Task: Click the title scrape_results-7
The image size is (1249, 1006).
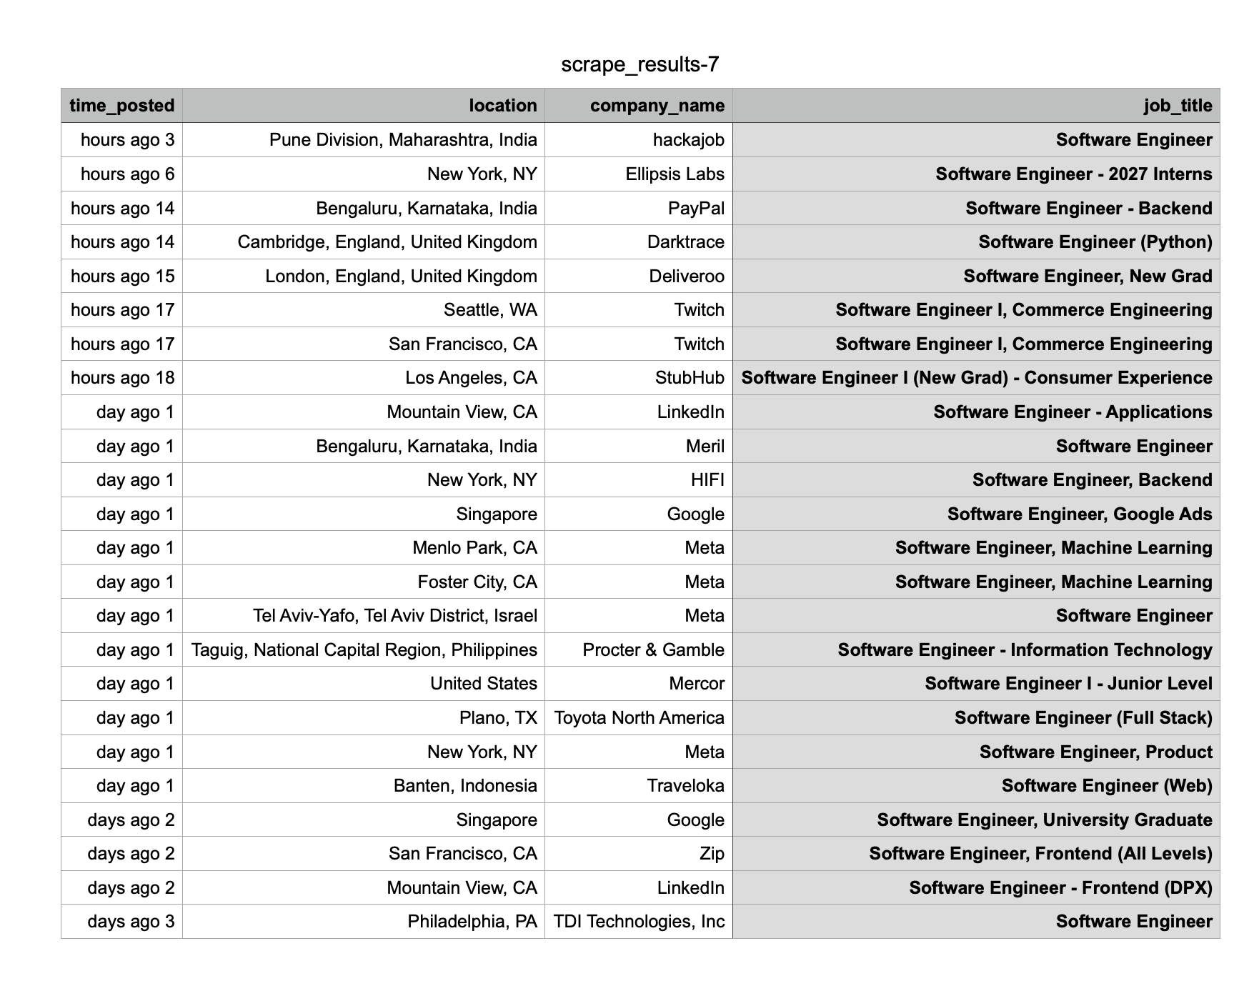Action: [640, 65]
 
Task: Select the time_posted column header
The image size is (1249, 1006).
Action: [122, 106]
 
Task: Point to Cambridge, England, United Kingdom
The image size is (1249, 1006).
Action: [387, 242]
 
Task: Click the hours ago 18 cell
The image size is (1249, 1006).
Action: [122, 378]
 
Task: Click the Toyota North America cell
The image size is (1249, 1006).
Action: [639, 718]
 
